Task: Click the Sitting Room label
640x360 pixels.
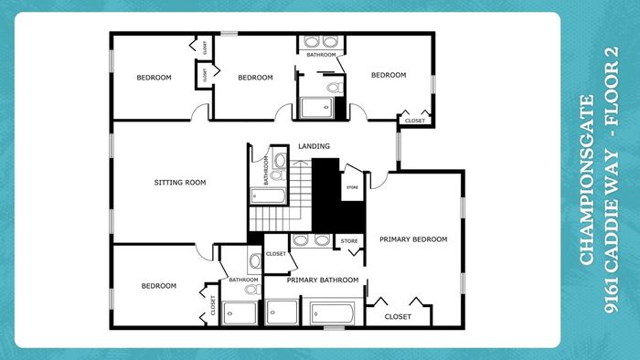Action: [x=180, y=182]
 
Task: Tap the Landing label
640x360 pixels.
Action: [x=314, y=146]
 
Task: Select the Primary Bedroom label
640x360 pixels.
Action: [x=413, y=239]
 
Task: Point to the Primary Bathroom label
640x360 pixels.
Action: [x=323, y=281]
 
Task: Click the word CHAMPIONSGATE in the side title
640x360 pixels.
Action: [x=587, y=180]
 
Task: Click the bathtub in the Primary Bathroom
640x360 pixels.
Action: [x=332, y=313]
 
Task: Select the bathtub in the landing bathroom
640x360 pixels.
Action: [x=268, y=196]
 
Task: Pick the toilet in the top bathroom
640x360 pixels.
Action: [x=336, y=87]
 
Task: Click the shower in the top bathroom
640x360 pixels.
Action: [x=316, y=108]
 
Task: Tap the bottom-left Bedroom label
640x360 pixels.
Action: [x=159, y=286]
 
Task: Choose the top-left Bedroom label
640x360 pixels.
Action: [x=154, y=78]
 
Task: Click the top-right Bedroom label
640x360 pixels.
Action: [x=389, y=75]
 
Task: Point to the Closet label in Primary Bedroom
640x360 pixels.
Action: [x=398, y=316]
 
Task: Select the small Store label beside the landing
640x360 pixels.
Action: [x=352, y=187]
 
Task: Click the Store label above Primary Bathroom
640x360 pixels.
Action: [x=349, y=241]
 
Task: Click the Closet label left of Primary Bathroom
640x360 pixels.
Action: [x=276, y=254]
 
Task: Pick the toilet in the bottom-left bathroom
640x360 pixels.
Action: [x=252, y=290]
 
